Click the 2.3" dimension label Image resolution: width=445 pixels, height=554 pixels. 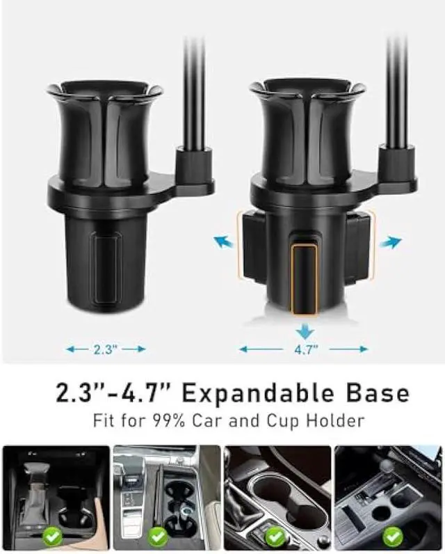[106, 349]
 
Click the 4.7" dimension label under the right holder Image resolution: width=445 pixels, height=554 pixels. [304, 349]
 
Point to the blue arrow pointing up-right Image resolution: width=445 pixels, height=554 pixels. [391, 242]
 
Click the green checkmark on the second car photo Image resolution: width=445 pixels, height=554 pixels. [159, 536]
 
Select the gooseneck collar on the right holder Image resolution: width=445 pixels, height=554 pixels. [397, 164]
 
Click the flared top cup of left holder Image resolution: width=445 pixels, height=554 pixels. [105, 125]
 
